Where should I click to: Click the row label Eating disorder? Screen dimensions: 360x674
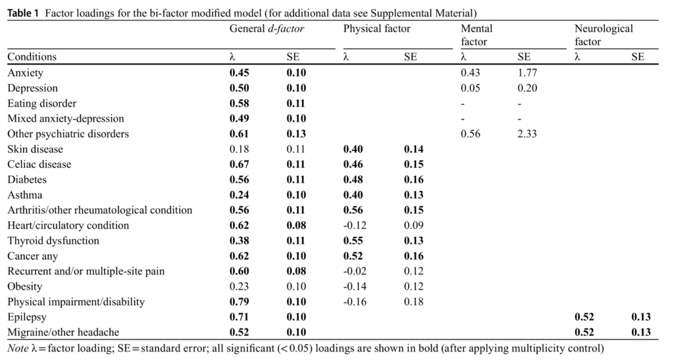[42, 103]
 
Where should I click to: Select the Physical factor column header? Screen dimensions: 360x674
[376, 28]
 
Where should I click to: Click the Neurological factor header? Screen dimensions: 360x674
[603, 35]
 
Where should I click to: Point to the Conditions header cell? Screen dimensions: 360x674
[32, 57]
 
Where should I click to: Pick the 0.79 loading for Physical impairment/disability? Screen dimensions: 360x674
[239, 302]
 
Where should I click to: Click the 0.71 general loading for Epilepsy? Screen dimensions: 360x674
[239, 317]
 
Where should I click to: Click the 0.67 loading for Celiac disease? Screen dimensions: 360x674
[239, 165]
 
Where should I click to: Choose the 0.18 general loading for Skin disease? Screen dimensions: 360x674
[239, 149]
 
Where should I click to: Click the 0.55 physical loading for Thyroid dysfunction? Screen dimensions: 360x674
[353, 241]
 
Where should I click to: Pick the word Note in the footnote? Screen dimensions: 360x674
[18, 347]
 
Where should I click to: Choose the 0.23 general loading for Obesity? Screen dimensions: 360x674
[239, 287]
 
